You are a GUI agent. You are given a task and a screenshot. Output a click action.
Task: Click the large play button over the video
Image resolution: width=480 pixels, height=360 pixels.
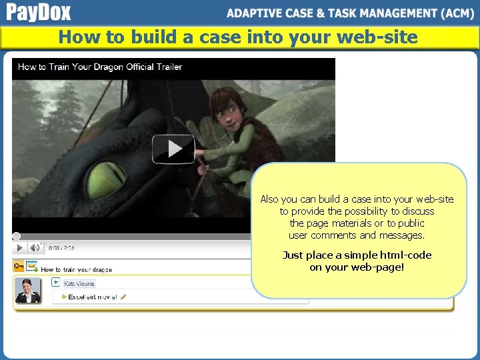point(173,149)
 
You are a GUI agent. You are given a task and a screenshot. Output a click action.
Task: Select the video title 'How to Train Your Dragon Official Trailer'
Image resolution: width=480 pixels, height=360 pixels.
point(100,67)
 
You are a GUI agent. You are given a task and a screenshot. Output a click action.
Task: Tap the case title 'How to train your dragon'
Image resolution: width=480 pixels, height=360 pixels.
point(76,269)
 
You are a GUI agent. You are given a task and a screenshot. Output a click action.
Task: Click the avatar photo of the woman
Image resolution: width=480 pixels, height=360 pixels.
point(28,291)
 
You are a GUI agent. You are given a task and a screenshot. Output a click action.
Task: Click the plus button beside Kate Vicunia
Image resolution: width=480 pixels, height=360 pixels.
point(56,283)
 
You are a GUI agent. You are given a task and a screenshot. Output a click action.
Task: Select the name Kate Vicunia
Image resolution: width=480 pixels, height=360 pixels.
point(79,283)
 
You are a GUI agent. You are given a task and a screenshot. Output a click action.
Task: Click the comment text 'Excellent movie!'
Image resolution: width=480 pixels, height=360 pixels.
point(93,297)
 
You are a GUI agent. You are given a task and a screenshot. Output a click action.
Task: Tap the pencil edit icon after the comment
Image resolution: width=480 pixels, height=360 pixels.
point(123,297)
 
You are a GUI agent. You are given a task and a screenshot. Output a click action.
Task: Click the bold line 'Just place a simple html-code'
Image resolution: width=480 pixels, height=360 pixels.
point(357,255)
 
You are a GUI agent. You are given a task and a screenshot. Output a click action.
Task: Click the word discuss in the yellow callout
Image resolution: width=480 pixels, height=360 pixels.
point(418,211)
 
